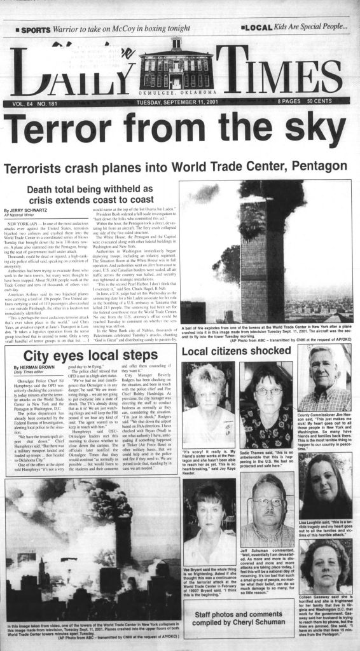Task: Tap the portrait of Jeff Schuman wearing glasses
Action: (x=267, y=502)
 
